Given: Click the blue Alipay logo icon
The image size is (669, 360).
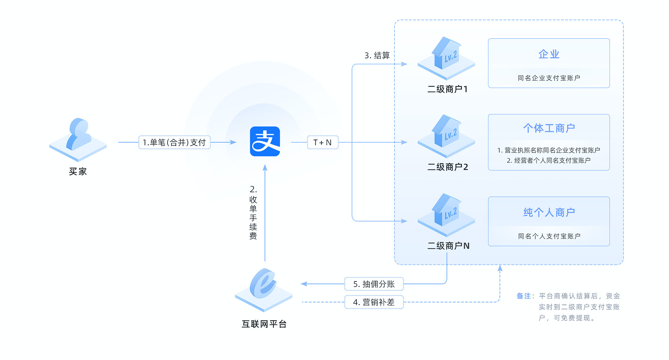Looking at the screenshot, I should click(265, 142).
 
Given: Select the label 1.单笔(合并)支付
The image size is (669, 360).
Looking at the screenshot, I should click(174, 142).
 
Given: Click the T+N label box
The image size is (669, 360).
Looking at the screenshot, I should click(322, 142).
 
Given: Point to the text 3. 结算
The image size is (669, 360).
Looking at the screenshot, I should click(377, 56).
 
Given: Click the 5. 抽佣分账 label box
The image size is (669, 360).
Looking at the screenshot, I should click(374, 284).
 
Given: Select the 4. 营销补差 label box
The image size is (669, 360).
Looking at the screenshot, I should click(374, 302).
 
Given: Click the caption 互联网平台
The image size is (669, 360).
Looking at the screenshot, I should click(264, 324).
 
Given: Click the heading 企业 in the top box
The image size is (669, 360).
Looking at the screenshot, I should click(549, 54).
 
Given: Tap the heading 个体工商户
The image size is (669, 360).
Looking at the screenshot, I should click(549, 128).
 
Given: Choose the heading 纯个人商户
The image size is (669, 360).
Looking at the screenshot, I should click(549, 213).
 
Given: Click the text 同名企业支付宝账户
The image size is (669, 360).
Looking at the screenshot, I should click(549, 78).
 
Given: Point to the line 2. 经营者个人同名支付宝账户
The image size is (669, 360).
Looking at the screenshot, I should click(549, 160).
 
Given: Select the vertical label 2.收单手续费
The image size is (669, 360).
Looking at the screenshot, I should click(253, 213).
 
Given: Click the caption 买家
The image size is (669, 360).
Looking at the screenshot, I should click(78, 171).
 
